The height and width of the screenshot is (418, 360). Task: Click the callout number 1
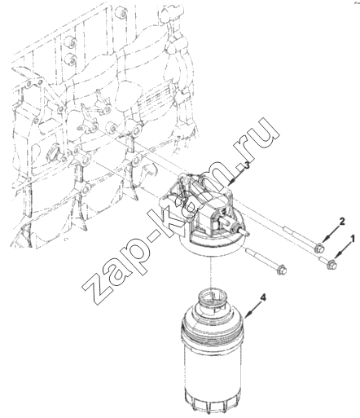click(353, 239)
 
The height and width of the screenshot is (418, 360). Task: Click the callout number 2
click(342, 222)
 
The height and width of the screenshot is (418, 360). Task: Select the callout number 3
click(247, 165)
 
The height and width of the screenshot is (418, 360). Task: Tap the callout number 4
click(263, 298)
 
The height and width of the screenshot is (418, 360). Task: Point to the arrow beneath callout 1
click(343, 251)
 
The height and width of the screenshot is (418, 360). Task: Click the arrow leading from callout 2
click(331, 234)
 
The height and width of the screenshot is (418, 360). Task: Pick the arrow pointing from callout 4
click(252, 309)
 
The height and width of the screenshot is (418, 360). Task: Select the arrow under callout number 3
click(236, 176)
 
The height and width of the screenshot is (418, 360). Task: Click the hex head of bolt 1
click(331, 264)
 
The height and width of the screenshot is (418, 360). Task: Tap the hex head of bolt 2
click(320, 249)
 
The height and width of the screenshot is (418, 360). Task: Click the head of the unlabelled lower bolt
click(282, 270)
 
